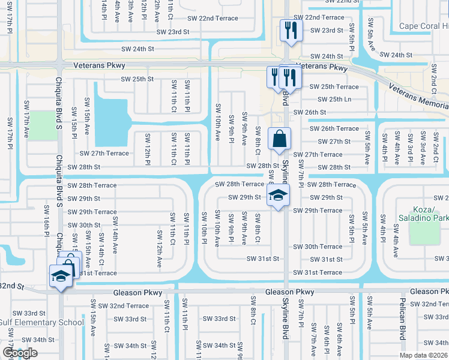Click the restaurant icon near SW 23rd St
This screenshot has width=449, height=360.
tap(291, 31)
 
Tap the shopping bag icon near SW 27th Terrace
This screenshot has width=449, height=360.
tap(279, 139)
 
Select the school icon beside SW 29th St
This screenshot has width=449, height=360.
tap(278, 196)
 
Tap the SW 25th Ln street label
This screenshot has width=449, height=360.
tap(331, 99)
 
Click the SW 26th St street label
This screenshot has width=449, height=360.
tap(309, 112)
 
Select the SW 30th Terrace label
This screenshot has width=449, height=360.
tap(318, 247)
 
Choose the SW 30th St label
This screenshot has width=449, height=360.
tap(84, 225)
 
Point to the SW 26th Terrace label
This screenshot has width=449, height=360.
tap(334, 128)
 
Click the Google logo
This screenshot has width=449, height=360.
tap(20, 353)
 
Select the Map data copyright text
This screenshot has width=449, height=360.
tap(424, 355)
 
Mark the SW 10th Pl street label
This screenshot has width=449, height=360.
tap(205, 229)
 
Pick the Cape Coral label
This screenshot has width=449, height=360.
tap(424, 26)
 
